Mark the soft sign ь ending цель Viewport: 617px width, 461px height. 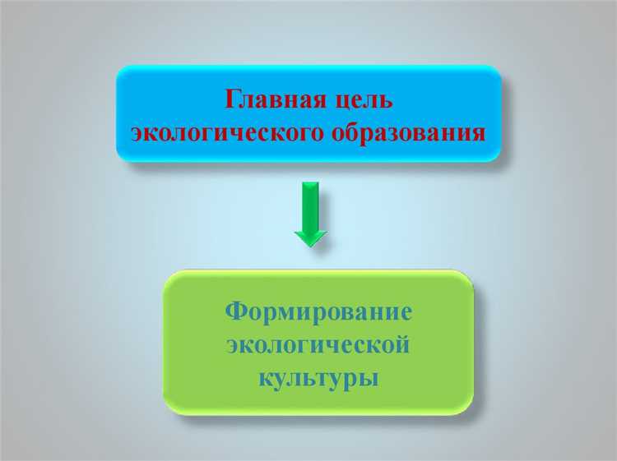pos(387,101)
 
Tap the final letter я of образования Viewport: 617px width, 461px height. pos(476,132)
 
